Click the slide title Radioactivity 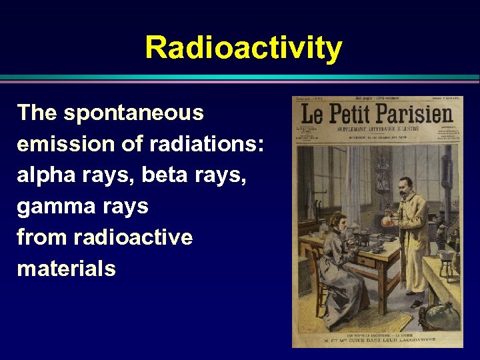[x=243, y=48]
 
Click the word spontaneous [x=133, y=113]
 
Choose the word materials [x=66, y=269]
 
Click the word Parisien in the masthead [x=417, y=115]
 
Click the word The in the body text [x=37, y=113]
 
